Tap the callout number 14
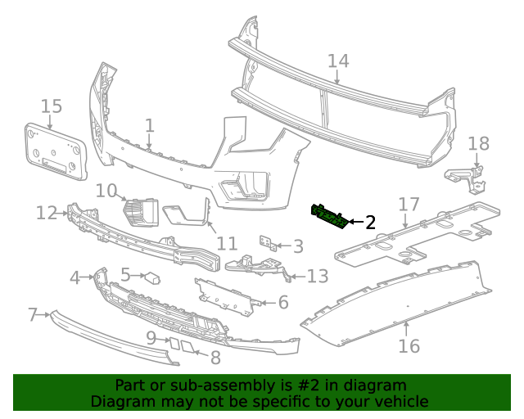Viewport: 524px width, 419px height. point(338,61)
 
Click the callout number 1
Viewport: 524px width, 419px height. point(149,125)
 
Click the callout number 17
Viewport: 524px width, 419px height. point(409,204)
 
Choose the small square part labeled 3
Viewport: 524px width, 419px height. point(266,243)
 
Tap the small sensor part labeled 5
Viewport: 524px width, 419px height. point(152,277)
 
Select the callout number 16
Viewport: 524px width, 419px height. point(409,345)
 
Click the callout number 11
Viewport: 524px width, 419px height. point(227,243)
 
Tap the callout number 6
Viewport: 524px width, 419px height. point(283,303)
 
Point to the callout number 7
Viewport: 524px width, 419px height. point(34,314)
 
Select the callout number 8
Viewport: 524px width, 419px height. point(215,358)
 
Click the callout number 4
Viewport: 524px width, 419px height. point(75,278)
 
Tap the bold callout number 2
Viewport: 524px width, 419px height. point(370,222)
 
